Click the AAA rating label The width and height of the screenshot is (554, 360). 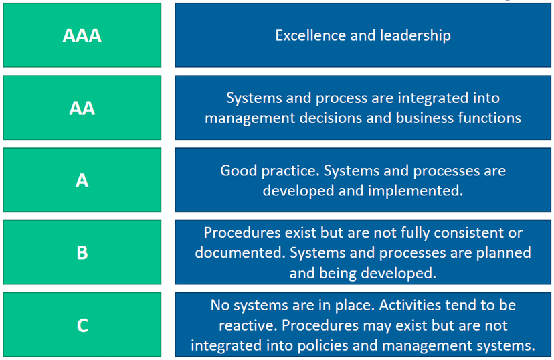82,35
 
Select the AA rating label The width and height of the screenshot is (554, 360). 82,108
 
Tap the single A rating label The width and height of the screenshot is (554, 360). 82,181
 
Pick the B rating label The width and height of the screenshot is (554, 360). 82,252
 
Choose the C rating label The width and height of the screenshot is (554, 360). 82,325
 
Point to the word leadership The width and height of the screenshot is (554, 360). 415,36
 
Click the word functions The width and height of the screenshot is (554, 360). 489,118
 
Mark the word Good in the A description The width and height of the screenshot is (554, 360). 238,171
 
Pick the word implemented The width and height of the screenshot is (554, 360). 415,191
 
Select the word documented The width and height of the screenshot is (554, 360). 240,252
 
